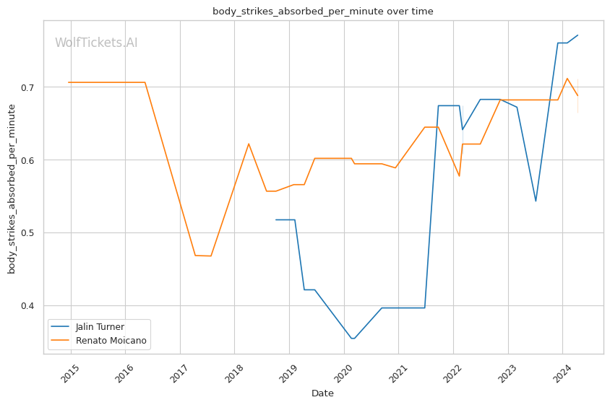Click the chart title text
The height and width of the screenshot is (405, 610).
click(322, 11)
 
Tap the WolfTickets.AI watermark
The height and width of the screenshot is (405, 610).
click(96, 43)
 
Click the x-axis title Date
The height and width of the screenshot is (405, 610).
click(322, 393)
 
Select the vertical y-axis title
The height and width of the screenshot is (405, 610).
click(12, 189)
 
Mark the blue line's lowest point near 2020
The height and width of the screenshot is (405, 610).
click(352, 339)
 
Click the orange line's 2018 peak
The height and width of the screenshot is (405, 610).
click(249, 143)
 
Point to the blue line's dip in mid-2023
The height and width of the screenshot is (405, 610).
click(536, 201)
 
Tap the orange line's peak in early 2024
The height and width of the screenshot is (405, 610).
click(567, 78)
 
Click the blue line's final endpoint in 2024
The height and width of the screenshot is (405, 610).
click(577, 35)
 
